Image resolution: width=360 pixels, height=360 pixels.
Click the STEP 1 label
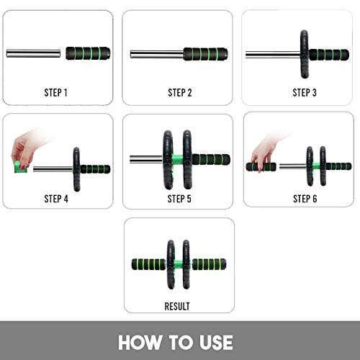click(55, 92)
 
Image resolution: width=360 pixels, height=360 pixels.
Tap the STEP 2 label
click(179, 92)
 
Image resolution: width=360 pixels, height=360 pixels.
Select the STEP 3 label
click(304, 92)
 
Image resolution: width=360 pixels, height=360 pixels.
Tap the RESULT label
click(179, 306)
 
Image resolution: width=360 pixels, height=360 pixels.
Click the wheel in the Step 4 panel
click(76, 168)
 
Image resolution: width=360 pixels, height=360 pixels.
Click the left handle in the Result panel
click(148, 265)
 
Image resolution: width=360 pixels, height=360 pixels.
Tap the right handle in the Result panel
click(212, 265)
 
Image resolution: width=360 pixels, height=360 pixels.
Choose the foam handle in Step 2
click(207, 53)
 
